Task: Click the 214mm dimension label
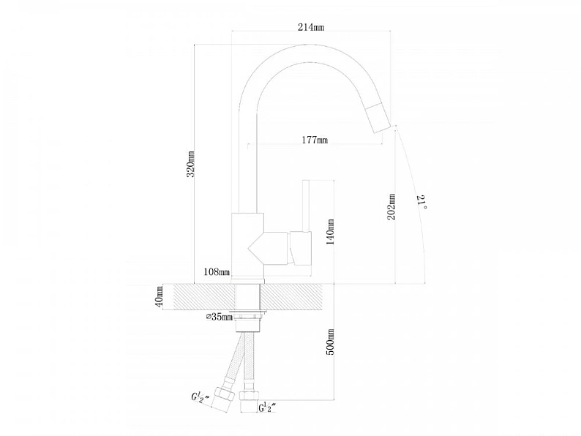[x=311, y=27]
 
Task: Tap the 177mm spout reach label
[x=315, y=140]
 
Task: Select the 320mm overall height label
[x=190, y=164]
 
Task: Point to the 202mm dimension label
[x=391, y=207]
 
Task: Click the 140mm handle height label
[x=330, y=232]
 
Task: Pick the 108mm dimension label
[x=217, y=272]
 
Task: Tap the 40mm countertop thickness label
[x=159, y=296]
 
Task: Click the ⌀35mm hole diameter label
[x=220, y=317]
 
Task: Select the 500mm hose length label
[x=330, y=342]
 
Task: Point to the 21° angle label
[x=421, y=202]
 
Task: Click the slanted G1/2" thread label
[x=200, y=398]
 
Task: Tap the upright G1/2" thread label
[x=267, y=407]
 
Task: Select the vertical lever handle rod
[x=306, y=206]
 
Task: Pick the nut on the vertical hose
[x=248, y=402]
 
